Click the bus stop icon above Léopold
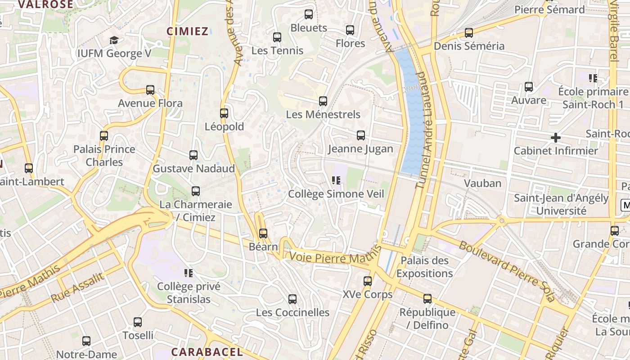click(224, 113)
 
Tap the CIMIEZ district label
click(188, 31)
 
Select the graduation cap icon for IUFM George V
click(114, 40)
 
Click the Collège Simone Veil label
click(336, 194)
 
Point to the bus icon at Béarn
click(263, 234)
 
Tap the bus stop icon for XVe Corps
click(368, 281)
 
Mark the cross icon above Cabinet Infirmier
click(556, 137)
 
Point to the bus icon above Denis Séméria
click(469, 33)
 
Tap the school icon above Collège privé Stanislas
click(189, 273)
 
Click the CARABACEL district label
click(207, 351)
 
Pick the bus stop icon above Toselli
click(138, 322)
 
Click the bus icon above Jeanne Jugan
click(360, 135)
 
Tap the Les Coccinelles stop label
click(292, 312)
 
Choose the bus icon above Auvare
click(529, 86)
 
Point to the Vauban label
click(482, 183)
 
